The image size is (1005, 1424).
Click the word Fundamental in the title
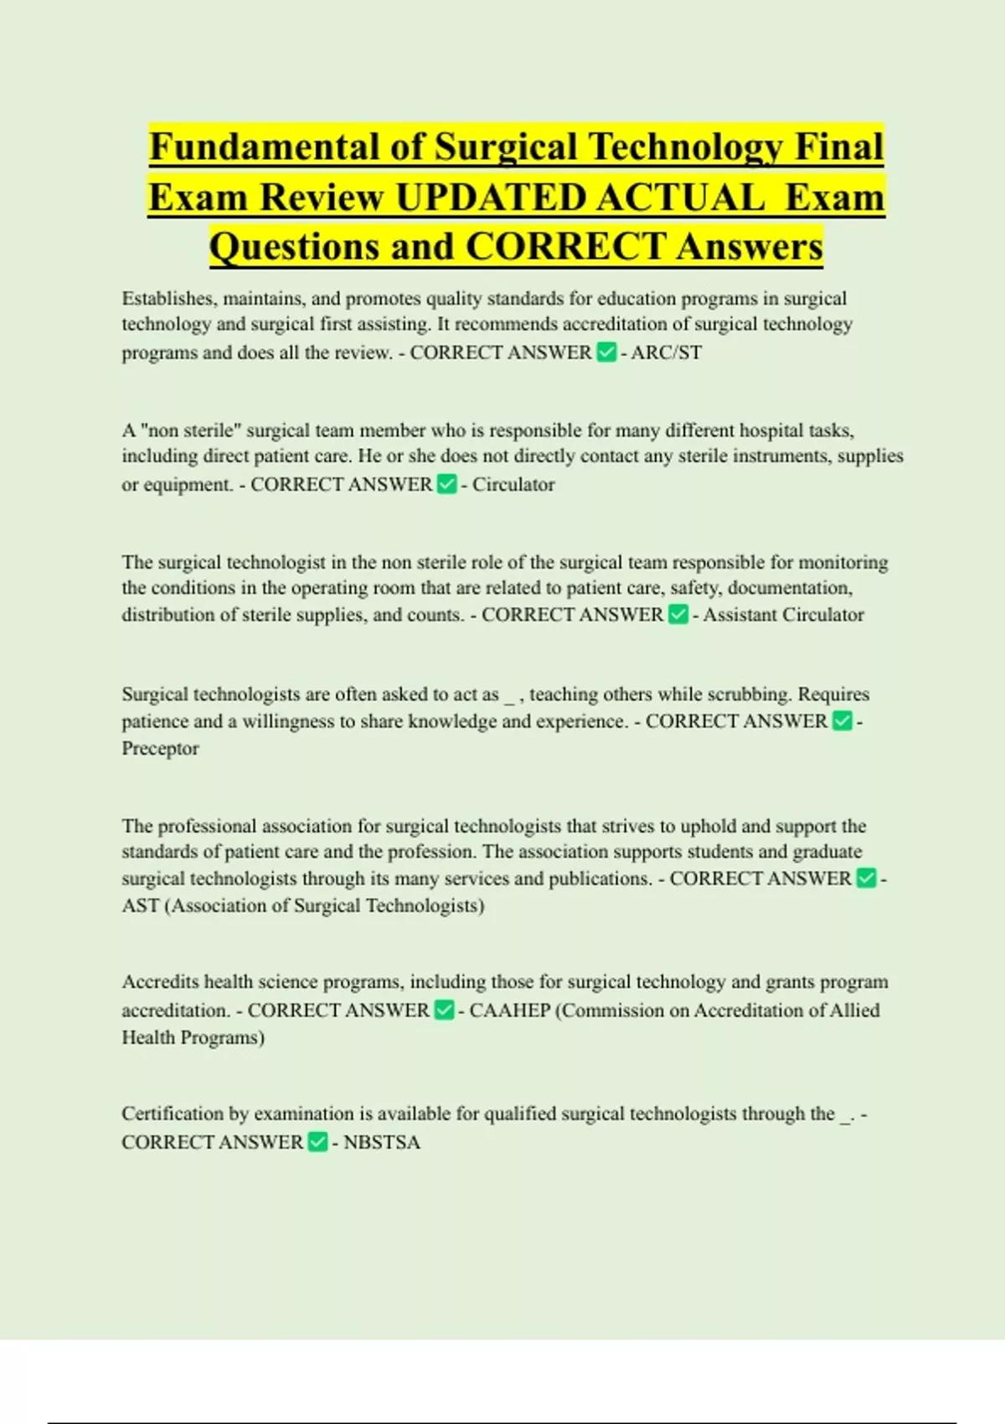[263, 147]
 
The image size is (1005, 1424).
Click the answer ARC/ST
[667, 353]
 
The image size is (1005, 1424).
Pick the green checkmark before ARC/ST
[606, 353]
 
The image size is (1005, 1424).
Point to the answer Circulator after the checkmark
[513, 485]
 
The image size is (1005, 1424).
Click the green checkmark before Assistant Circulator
[678, 615]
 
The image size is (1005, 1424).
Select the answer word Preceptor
[161, 749]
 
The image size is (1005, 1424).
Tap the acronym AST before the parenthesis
[141, 906]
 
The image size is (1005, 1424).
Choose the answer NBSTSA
[382, 1143]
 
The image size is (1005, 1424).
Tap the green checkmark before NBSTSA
[318, 1143]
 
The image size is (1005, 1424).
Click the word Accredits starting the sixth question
[160, 982]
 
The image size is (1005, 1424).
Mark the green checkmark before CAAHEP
[445, 1011]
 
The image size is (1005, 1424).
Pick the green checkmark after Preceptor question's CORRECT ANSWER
[843, 722]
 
